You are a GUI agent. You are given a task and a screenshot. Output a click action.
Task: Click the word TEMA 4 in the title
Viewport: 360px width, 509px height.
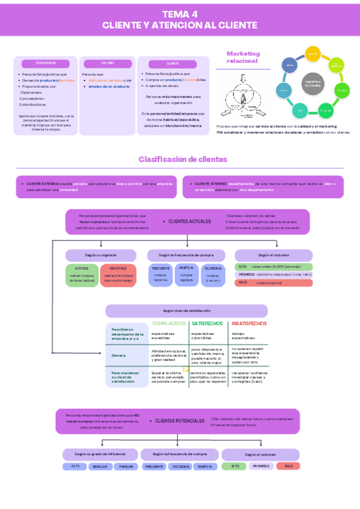tap(180, 14)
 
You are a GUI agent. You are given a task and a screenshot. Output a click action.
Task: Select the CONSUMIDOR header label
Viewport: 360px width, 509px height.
tap(46, 63)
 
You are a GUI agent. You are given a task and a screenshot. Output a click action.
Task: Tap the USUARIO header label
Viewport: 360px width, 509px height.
tap(108, 63)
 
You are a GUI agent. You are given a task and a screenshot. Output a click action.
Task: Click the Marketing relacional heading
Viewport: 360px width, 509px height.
tap(242, 57)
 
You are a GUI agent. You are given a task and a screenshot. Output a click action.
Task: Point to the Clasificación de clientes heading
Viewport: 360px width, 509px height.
tap(183, 159)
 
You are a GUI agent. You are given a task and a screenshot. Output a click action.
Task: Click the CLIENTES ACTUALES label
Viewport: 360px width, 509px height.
tap(190, 221)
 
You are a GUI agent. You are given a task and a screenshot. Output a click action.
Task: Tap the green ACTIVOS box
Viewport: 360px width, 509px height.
tap(81, 274)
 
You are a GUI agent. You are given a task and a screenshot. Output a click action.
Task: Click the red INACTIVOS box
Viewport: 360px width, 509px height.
tap(118, 274)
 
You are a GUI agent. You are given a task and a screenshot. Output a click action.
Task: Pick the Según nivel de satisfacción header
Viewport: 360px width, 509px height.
tap(187, 311)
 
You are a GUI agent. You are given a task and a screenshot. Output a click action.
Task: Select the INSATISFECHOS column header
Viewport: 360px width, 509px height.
tap(249, 324)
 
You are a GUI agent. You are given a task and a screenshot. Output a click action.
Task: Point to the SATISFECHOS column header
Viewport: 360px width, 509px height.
tap(208, 324)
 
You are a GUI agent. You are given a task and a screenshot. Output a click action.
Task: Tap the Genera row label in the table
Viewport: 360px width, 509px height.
tap(118, 355)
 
